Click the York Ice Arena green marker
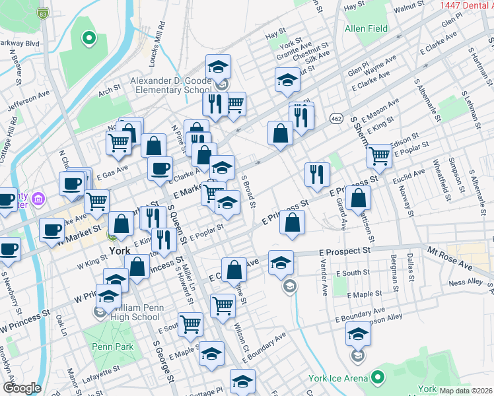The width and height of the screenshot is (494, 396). point(377,378)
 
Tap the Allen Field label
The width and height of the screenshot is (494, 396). point(365,29)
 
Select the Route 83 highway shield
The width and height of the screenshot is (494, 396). point(43,13)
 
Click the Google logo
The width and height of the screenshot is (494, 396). point(22,388)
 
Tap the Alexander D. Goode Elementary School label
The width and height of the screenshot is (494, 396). point(170,85)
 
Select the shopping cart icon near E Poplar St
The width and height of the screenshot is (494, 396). point(379,155)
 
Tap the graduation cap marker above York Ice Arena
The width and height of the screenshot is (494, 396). point(358,335)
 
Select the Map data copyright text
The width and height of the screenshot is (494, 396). point(466,391)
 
